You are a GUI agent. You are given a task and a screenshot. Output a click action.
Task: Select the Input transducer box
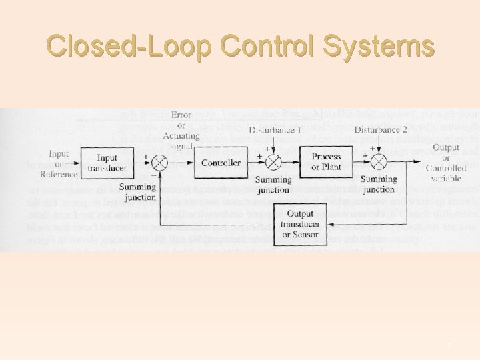click(x=107, y=163)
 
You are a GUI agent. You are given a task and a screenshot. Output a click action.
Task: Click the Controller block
click(x=221, y=163)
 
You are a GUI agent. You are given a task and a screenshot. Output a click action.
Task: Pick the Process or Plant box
click(x=326, y=161)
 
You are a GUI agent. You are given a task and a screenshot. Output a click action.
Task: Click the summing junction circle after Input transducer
click(x=160, y=163)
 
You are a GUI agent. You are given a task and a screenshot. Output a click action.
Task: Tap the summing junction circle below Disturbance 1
click(x=273, y=162)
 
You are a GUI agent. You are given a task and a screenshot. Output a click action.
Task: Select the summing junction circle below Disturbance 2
click(x=378, y=162)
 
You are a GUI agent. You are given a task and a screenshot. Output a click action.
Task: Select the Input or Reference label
click(x=55, y=164)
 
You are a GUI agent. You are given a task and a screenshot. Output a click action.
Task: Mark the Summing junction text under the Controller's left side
click(x=138, y=193)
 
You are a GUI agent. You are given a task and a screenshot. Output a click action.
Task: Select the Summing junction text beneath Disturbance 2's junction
click(x=378, y=185)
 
